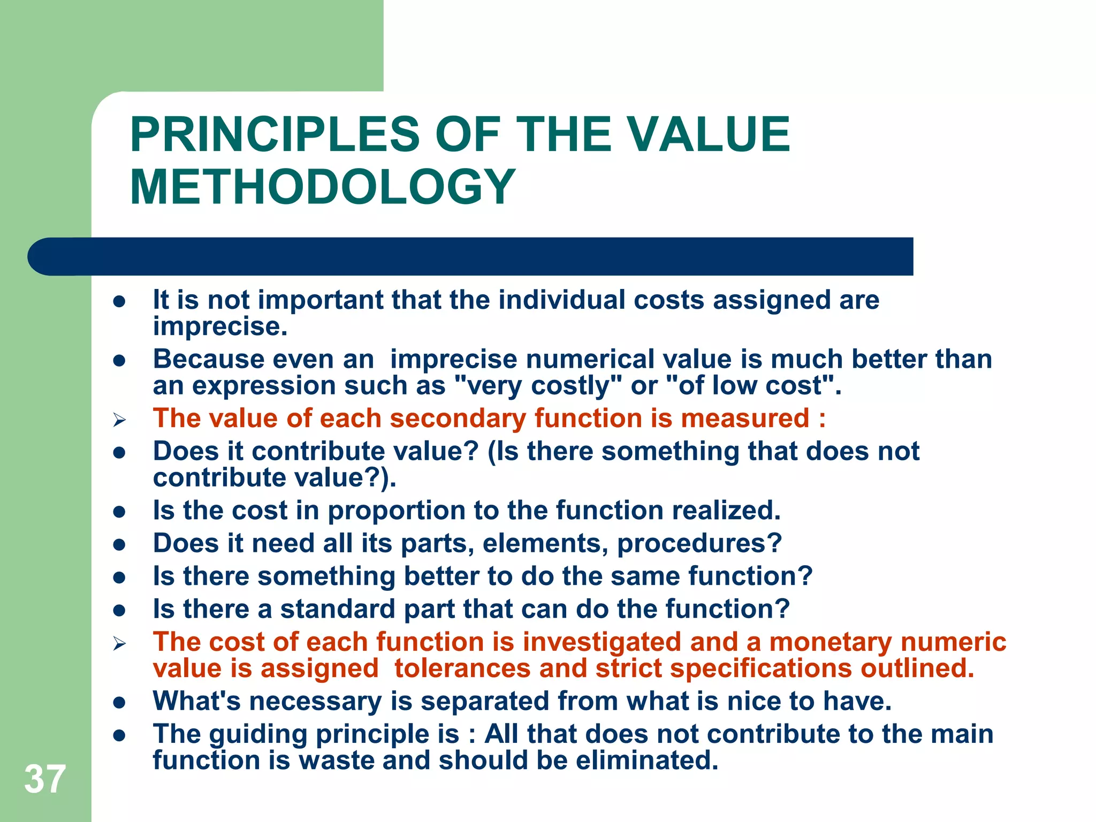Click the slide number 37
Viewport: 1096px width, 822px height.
point(45,779)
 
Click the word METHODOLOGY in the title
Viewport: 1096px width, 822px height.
point(323,187)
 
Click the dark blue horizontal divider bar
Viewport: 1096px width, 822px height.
point(471,256)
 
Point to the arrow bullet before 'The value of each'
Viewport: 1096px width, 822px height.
point(119,421)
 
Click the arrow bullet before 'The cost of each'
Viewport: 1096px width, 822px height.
point(119,644)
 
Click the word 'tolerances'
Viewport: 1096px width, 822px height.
point(462,668)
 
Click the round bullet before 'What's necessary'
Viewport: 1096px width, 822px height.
point(119,702)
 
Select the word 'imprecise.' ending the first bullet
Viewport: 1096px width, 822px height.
point(220,326)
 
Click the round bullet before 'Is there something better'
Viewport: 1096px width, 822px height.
point(119,577)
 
